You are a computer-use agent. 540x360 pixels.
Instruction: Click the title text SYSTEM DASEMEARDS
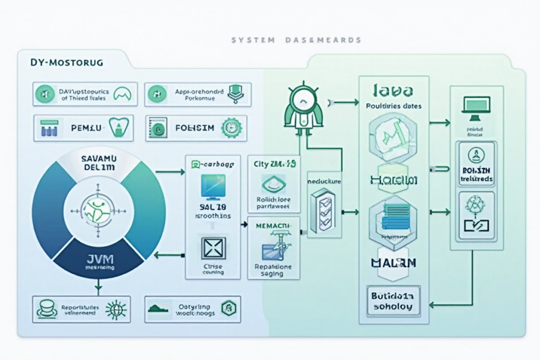(296, 40)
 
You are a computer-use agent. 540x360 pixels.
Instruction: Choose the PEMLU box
(83, 128)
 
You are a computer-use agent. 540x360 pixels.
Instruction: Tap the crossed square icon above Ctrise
(213, 247)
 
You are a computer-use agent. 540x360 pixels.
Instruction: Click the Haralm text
(393, 180)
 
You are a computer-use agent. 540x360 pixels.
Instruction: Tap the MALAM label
(393, 262)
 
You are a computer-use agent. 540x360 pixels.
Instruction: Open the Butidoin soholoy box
(393, 300)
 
